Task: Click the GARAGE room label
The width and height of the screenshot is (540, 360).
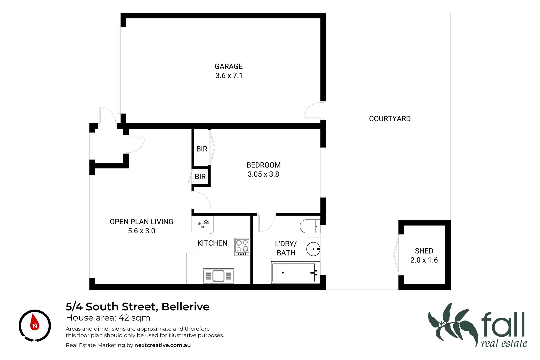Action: [x=228, y=66]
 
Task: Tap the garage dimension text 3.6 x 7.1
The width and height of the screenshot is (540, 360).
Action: [x=229, y=76]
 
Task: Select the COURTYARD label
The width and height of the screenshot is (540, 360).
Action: [x=389, y=119]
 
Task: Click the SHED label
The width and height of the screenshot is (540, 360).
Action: [x=424, y=251]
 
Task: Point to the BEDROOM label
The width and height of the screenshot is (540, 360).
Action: [x=263, y=165]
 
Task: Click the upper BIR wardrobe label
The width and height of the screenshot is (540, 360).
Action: [x=202, y=149]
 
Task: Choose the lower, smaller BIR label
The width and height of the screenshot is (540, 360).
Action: [x=200, y=177]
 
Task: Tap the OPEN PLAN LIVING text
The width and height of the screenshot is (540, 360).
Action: [x=141, y=222]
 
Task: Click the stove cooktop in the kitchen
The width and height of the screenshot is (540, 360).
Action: [x=242, y=247]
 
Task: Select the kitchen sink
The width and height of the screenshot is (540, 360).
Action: [x=218, y=276]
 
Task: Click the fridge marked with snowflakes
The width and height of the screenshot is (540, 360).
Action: [x=203, y=224]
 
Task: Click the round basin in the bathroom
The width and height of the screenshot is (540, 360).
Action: [x=313, y=249]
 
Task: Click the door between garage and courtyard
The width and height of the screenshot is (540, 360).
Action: [x=313, y=111]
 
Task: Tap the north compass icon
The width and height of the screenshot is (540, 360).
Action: [x=35, y=325]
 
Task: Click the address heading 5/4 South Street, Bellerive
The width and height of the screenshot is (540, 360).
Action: [x=137, y=306]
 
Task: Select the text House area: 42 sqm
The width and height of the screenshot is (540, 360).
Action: [x=108, y=318]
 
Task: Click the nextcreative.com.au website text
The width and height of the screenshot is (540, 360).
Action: [x=162, y=345]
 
